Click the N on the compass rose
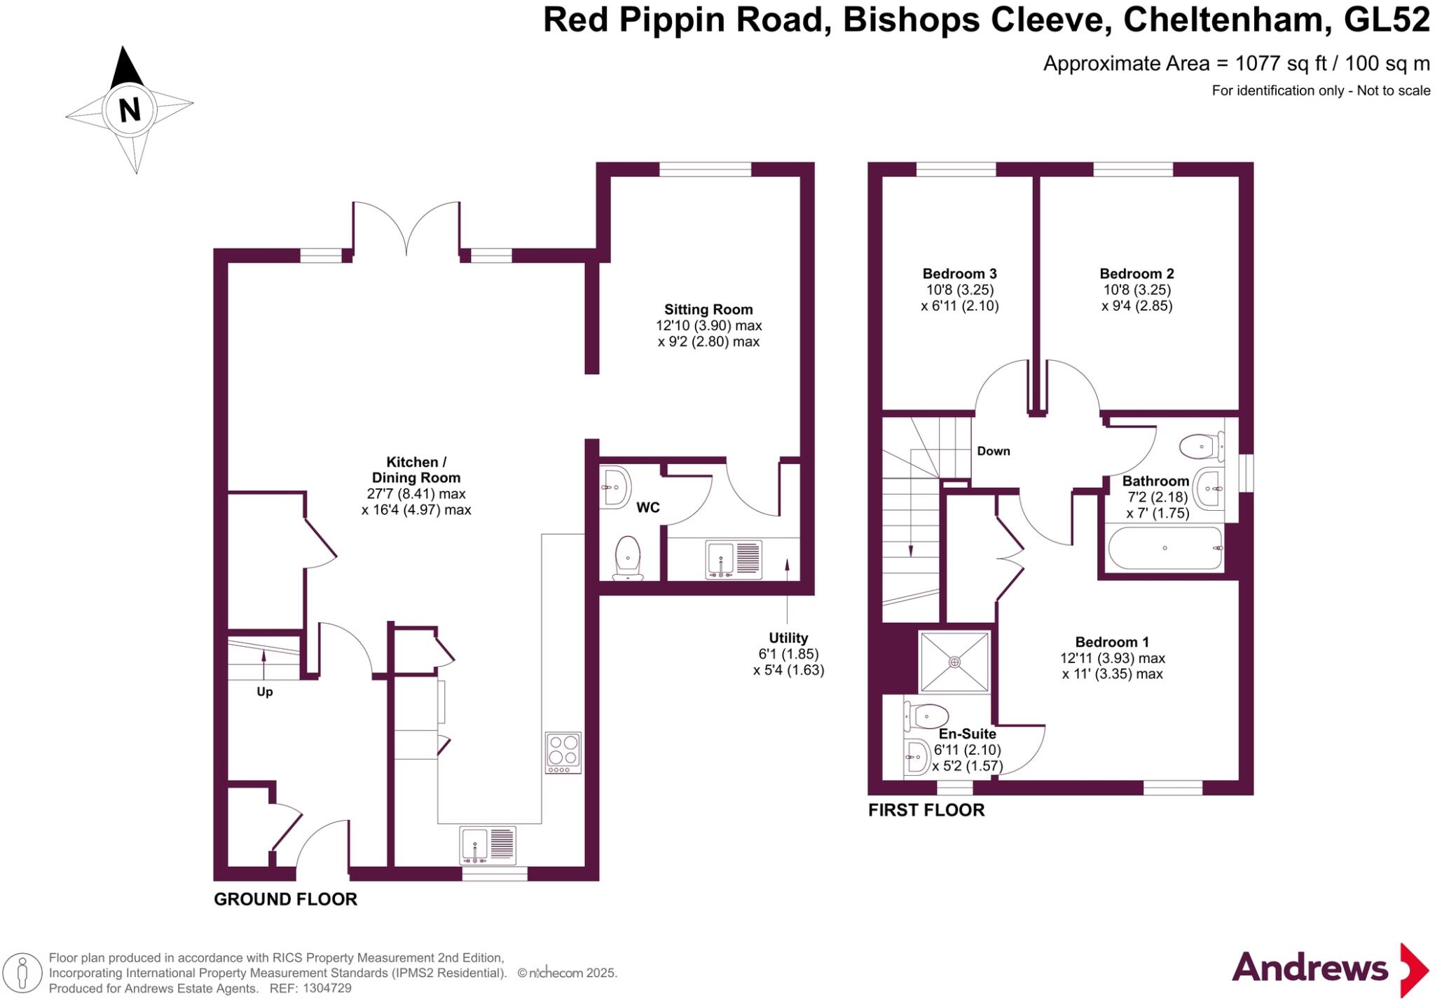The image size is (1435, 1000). click(x=130, y=109)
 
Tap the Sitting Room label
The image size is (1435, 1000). click(x=708, y=309)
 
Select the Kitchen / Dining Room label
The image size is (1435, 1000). click(x=416, y=470)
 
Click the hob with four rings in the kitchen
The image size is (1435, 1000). click(x=563, y=753)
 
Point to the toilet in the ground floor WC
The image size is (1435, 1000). click(x=628, y=558)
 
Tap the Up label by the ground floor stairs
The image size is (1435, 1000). click(x=264, y=692)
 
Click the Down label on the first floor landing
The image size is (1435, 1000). click(x=994, y=451)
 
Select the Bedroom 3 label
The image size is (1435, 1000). click(x=959, y=273)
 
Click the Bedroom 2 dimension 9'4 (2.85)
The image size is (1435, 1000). click(x=1137, y=306)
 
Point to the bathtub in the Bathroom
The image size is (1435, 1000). click(x=1165, y=548)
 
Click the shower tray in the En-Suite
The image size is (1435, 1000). click(x=954, y=662)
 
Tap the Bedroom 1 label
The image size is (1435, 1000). click(x=1112, y=641)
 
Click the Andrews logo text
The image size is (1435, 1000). click(x=1310, y=968)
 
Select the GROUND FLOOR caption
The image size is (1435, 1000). click(x=285, y=899)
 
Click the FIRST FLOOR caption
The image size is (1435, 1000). click(x=926, y=810)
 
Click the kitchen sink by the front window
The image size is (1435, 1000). click(x=488, y=844)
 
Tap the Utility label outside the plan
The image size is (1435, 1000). click(x=788, y=638)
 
